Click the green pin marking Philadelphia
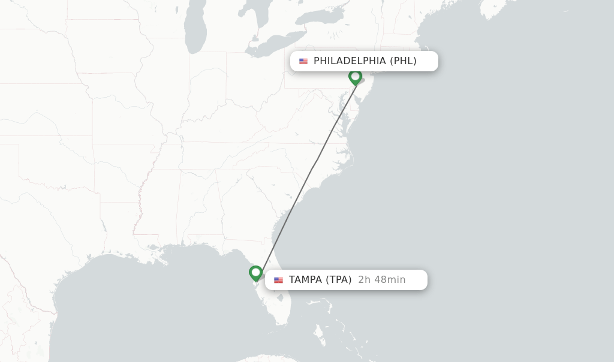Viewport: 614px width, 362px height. pyautogui.click(x=355, y=77)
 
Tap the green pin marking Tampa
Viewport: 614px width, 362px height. pyautogui.click(x=256, y=273)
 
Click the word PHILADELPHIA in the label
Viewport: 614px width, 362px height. pyautogui.click(x=350, y=61)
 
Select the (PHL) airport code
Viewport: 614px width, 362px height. pyautogui.click(x=403, y=61)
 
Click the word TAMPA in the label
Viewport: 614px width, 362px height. pyautogui.click(x=305, y=280)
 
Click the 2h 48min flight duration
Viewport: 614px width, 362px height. pyautogui.click(x=381, y=280)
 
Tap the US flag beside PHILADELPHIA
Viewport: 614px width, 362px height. pyautogui.click(x=303, y=61)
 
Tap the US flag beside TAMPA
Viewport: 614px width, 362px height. pyautogui.click(x=278, y=280)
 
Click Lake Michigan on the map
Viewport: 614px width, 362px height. pyautogui.click(x=195, y=30)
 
